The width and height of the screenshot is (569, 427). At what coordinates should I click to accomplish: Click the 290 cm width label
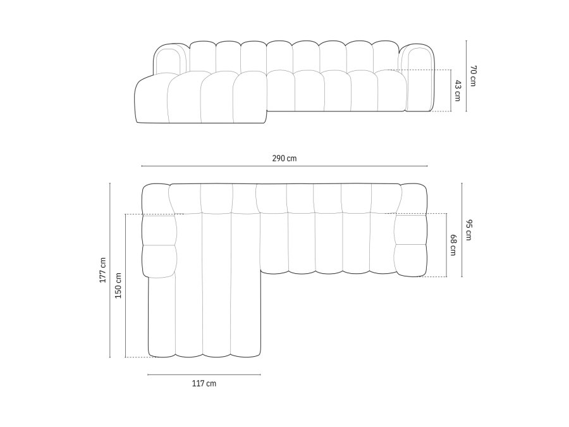pyautogui.click(x=284, y=158)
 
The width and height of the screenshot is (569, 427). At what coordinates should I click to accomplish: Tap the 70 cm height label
pyautogui.click(x=472, y=76)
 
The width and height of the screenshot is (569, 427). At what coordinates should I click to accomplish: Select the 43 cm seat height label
pyautogui.click(x=457, y=90)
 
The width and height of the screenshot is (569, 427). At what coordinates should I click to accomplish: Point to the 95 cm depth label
pyautogui.click(x=468, y=230)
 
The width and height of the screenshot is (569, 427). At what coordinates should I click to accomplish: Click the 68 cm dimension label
pyautogui.click(x=453, y=245)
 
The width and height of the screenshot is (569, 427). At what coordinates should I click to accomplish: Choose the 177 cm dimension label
pyautogui.click(x=102, y=270)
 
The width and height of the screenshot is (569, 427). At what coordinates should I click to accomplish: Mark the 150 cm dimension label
pyautogui.click(x=118, y=286)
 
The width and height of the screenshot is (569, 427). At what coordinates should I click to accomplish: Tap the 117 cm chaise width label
pyautogui.click(x=204, y=383)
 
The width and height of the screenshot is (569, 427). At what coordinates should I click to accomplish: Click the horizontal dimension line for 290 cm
pyautogui.click(x=284, y=166)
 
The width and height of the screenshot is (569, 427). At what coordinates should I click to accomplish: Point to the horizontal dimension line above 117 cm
pyautogui.click(x=204, y=374)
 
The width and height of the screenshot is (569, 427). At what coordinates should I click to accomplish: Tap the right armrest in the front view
pyautogui.click(x=420, y=79)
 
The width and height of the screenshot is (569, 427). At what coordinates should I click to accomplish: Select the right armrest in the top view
pyautogui.click(x=410, y=231)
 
